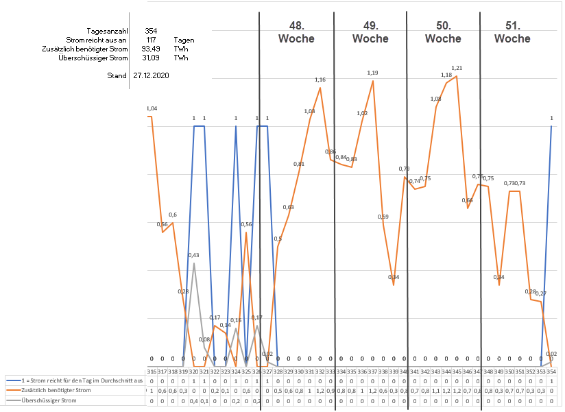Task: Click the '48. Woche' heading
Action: pyautogui.click(x=296, y=32)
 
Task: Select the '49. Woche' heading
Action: pyautogui.click(x=370, y=32)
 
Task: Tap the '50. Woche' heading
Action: pyautogui.click(x=443, y=32)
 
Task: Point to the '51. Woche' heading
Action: pyautogui.click(x=512, y=32)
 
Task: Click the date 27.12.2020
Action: pyautogui.click(x=151, y=75)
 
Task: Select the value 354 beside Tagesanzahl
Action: pyautogui.click(x=151, y=32)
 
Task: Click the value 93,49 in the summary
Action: pyautogui.click(x=151, y=49)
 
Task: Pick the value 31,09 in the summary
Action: pyautogui.click(x=151, y=58)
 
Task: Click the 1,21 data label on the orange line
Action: pyautogui.click(x=457, y=68)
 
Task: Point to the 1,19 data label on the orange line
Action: pyautogui.click(x=372, y=73)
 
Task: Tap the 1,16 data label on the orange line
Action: pyautogui.click(x=320, y=80)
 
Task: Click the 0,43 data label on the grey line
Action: pyautogui.click(x=195, y=256)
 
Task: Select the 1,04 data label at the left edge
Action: pyautogui.click(x=152, y=109)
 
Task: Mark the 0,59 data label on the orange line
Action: pyautogui.click(x=383, y=217)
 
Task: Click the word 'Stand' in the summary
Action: pyautogui.click(x=117, y=75)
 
